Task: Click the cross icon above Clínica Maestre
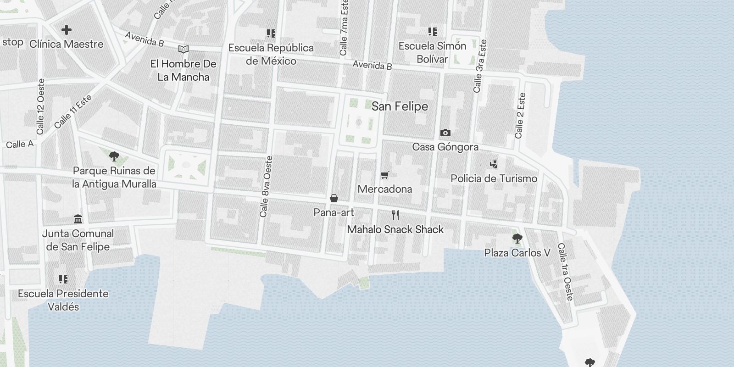pyautogui.click(x=67, y=30)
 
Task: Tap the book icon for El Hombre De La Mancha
pyautogui.click(x=183, y=49)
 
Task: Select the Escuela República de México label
pyautogui.click(x=271, y=54)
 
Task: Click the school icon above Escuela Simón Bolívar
pyautogui.click(x=432, y=31)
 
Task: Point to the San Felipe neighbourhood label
pyautogui.click(x=400, y=106)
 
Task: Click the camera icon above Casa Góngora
pyautogui.click(x=445, y=133)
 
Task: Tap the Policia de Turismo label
pyautogui.click(x=494, y=178)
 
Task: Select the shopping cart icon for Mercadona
pyautogui.click(x=385, y=175)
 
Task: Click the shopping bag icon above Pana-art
pyautogui.click(x=334, y=199)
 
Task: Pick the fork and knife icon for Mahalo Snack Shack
pyautogui.click(x=395, y=215)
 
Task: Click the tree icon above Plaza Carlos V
pyautogui.click(x=517, y=239)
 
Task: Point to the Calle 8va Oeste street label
pyautogui.click(x=266, y=187)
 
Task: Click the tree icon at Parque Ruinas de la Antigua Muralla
pyautogui.click(x=114, y=157)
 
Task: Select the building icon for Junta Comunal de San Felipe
pyautogui.click(x=78, y=219)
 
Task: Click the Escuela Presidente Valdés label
pyautogui.click(x=63, y=300)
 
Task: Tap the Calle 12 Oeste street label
pyautogui.click(x=41, y=107)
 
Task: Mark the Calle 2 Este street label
pyautogui.click(x=520, y=116)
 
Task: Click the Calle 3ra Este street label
pyautogui.click(x=480, y=66)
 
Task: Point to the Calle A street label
pyautogui.click(x=20, y=144)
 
